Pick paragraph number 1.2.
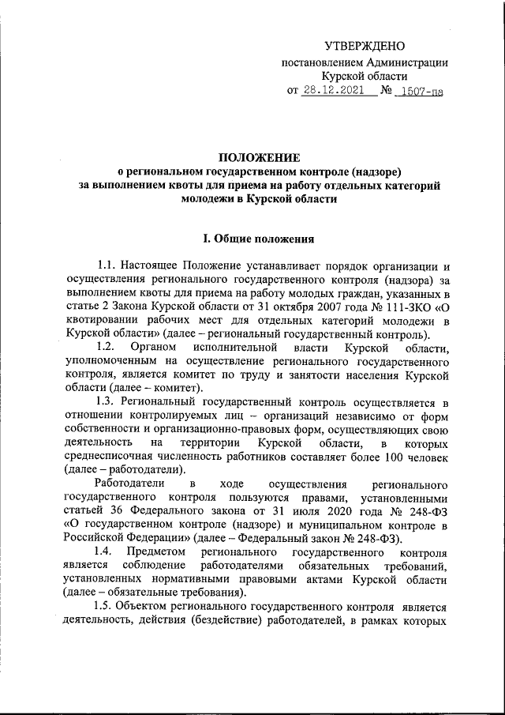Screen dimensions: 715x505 [x=105, y=348]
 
